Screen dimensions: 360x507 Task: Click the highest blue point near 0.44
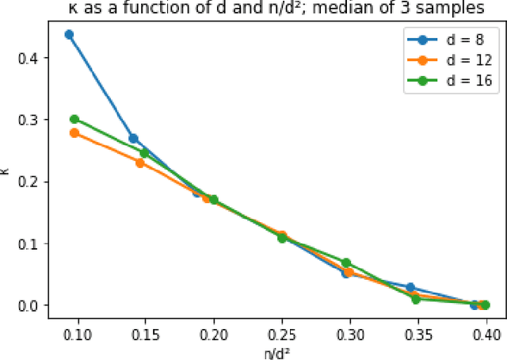tap(69, 35)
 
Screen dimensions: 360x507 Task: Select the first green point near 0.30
tap(74, 119)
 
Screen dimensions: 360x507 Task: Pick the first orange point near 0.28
tap(74, 133)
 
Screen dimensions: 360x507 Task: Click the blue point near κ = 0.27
tap(133, 138)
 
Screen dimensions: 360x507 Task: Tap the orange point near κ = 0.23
tap(140, 163)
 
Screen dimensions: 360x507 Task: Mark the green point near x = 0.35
tap(417, 299)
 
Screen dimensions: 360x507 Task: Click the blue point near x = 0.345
tap(410, 287)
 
